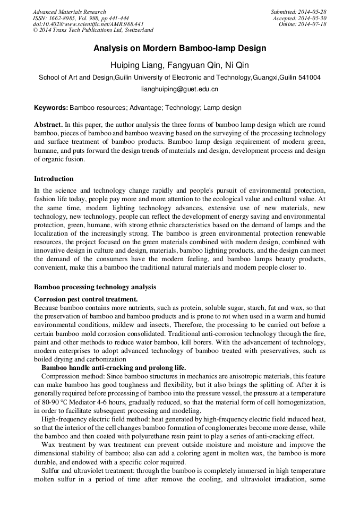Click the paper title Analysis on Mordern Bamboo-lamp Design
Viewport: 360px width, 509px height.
tap(179, 48)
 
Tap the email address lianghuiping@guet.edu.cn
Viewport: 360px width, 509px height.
tap(179, 90)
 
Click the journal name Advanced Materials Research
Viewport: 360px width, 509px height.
tap(70, 12)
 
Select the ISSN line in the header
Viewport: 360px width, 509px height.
tap(80, 18)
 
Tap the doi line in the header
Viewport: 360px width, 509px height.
tap(88, 24)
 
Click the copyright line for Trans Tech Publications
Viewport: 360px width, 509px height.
tap(93, 30)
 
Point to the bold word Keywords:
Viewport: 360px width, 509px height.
tap(51, 108)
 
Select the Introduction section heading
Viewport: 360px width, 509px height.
tap(54, 178)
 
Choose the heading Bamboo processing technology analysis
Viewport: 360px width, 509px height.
tap(95, 287)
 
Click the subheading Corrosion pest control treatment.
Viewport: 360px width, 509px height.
tap(86, 299)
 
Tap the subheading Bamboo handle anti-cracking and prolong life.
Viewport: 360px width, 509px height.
tap(114, 367)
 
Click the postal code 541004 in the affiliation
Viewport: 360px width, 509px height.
tap(308, 77)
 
